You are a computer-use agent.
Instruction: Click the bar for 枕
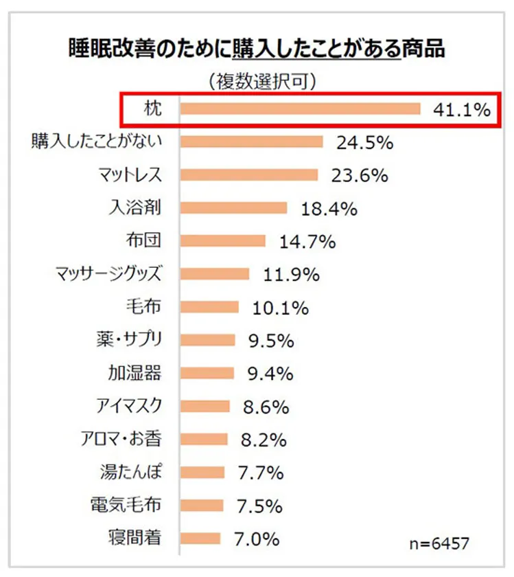point(300,109)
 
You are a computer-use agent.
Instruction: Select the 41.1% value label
point(462,109)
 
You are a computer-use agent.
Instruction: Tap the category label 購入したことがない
point(97,142)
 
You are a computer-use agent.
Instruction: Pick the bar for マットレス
point(249,175)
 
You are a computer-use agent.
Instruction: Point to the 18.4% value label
point(329,209)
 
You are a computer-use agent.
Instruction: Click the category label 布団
point(143,241)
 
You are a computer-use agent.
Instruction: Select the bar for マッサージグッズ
point(215,274)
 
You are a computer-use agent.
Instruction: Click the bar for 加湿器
point(207,373)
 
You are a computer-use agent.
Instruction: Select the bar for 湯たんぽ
point(202,472)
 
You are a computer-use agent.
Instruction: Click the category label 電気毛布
point(126,505)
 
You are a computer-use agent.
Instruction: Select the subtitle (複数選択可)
point(261,82)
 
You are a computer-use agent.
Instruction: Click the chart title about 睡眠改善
point(256,48)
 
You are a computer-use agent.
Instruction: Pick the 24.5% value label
point(364,143)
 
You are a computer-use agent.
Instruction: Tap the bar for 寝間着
point(200,538)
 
